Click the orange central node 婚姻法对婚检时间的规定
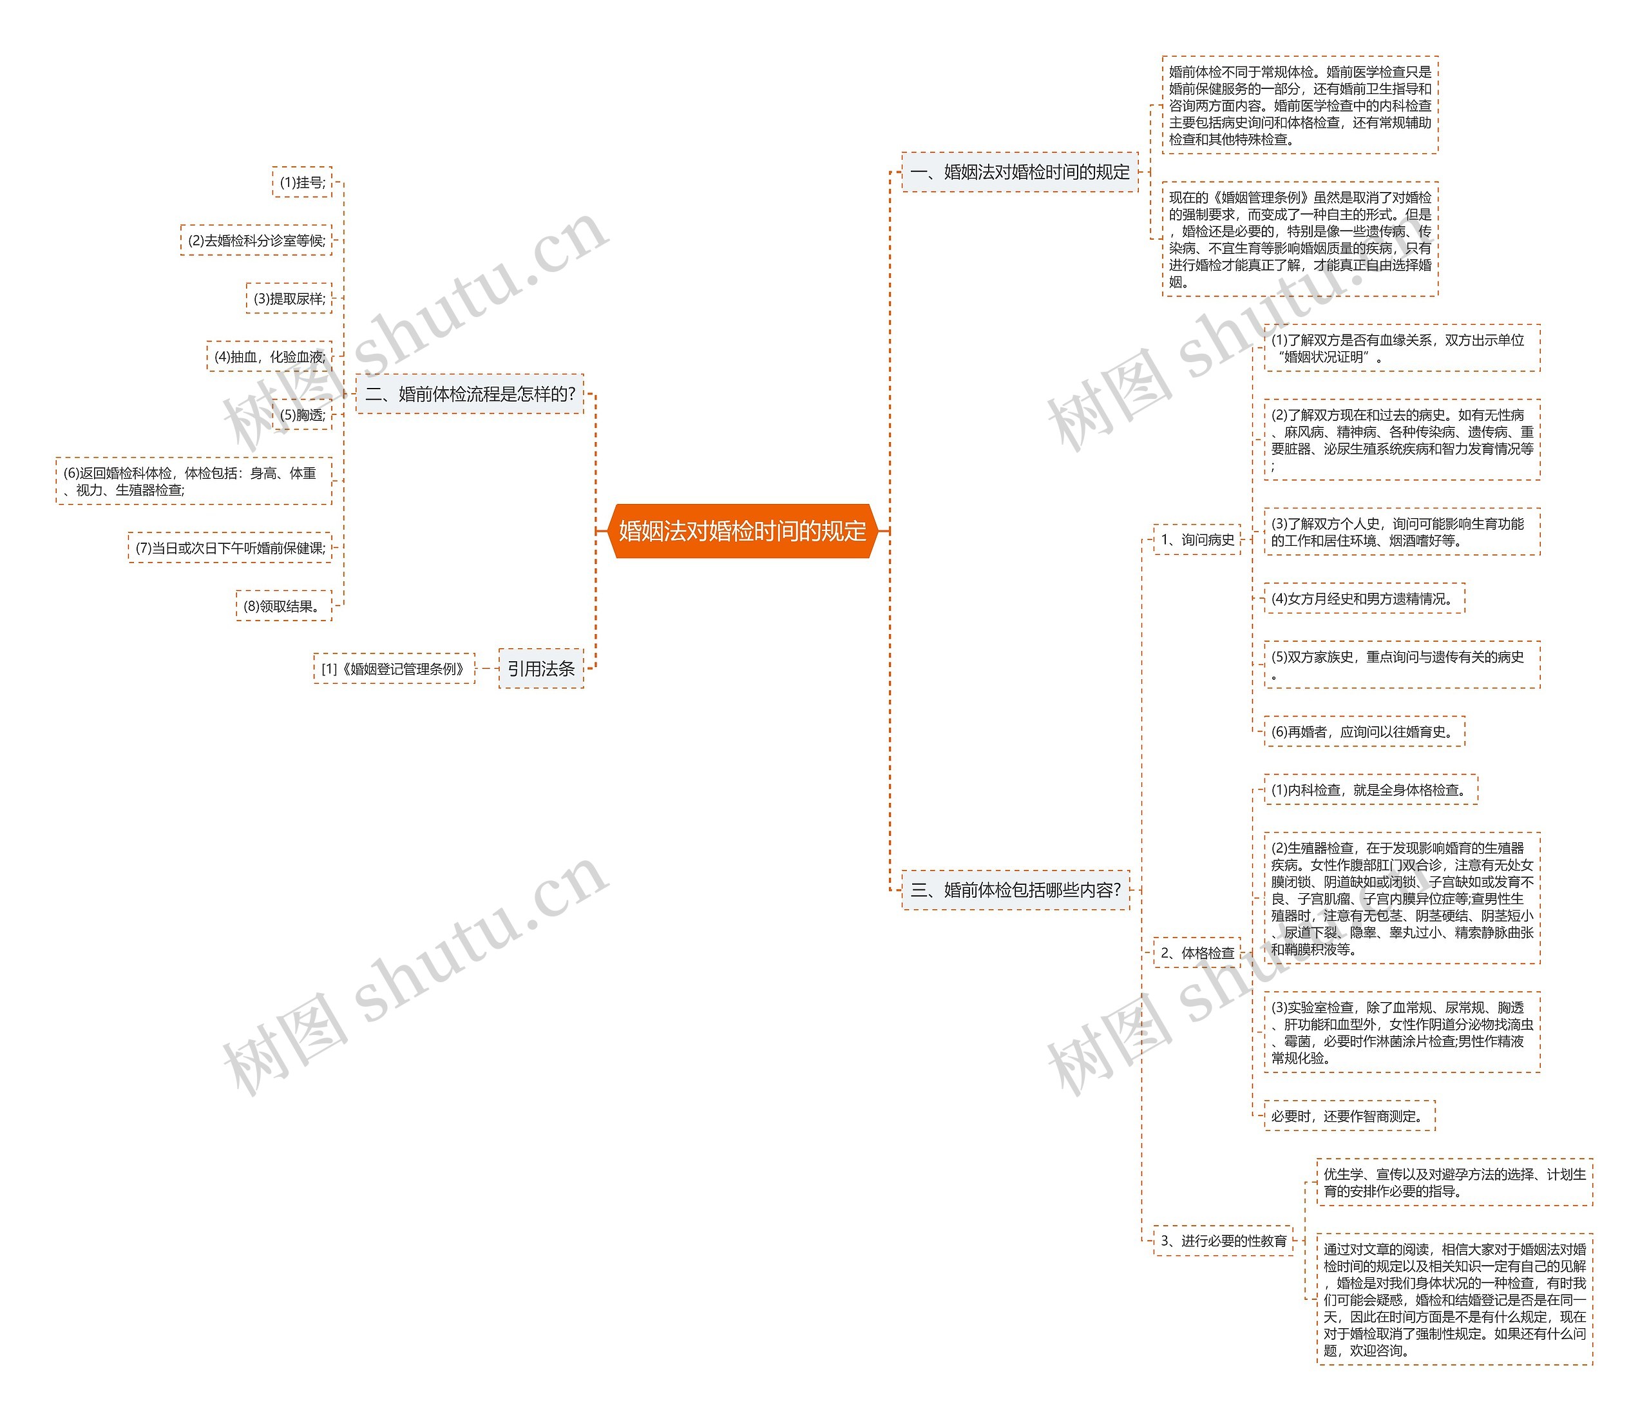point(742,531)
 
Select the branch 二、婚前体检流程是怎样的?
point(470,394)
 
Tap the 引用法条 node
point(541,669)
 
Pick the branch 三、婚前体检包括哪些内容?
point(1016,890)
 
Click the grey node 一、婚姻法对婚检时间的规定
point(1020,172)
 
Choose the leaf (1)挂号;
point(302,182)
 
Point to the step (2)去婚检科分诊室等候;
point(256,240)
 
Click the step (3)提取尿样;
point(289,298)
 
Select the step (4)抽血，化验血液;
point(269,356)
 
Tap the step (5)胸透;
point(302,415)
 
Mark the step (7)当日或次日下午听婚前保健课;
point(230,548)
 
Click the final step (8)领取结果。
point(283,606)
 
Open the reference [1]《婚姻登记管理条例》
point(394,669)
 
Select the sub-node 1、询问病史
point(1197,540)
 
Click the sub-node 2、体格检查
point(1197,953)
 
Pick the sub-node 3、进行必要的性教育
point(1223,1241)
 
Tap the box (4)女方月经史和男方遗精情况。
point(1364,599)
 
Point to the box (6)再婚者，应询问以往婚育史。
point(1364,731)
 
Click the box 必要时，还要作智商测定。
point(1349,1116)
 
